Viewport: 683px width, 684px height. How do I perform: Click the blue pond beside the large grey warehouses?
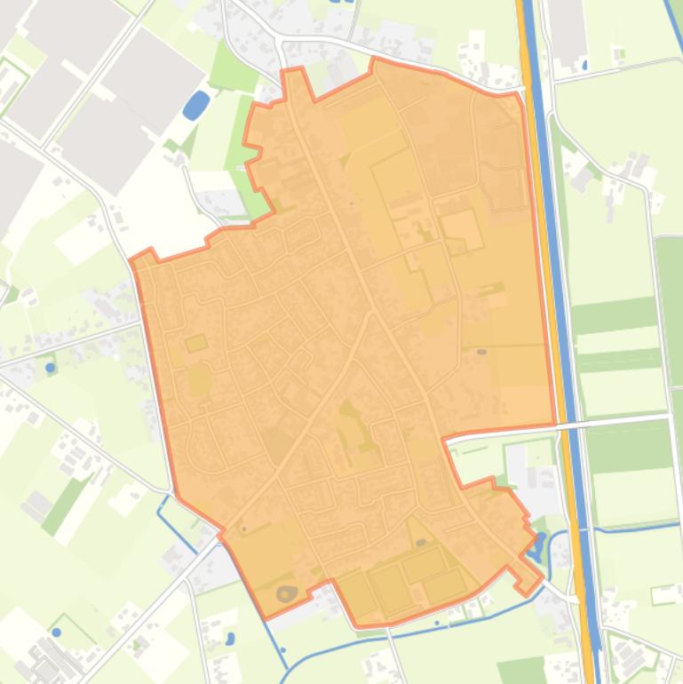pyautogui.click(x=195, y=106)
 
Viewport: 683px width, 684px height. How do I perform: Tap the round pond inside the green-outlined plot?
pyautogui.click(x=57, y=632)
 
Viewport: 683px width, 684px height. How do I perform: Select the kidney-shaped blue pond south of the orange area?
pyautogui.click(x=230, y=638)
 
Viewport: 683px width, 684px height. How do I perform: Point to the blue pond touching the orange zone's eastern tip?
pyautogui.click(x=538, y=543)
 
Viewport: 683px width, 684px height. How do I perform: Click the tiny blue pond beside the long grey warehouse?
pyautogui.click(x=585, y=64)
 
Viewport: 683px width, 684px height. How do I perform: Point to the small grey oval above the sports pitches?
pyautogui.click(x=420, y=541)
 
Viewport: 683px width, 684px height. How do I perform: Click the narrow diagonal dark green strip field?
pyautogui.click(x=64, y=505)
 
